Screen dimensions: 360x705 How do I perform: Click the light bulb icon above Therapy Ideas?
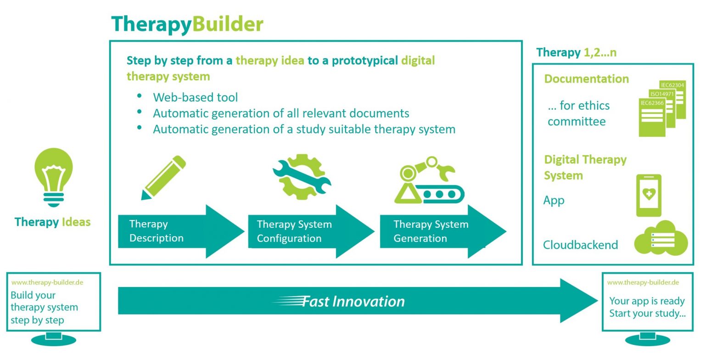click(54, 177)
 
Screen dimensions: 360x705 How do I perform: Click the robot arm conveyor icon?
click(429, 181)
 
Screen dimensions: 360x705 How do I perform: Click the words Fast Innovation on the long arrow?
click(353, 301)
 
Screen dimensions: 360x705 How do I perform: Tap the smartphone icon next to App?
click(649, 196)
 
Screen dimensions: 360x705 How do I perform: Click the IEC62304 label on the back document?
click(672, 84)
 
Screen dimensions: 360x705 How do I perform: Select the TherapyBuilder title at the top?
click(187, 24)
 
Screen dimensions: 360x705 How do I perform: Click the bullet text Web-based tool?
click(196, 97)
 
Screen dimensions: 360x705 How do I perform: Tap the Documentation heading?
click(586, 79)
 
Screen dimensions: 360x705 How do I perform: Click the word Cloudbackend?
click(580, 245)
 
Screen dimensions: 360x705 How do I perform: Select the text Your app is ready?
click(647, 301)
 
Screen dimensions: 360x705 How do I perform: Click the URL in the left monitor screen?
click(47, 282)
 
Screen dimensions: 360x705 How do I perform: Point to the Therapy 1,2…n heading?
click(576, 52)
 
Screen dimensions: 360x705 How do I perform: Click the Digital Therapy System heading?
click(585, 167)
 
